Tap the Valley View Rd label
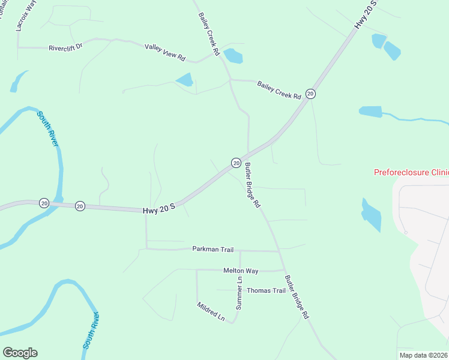click(x=165, y=52)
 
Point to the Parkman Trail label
click(x=212, y=249)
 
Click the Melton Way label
click(x=240, y=271)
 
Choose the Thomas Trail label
click(x=266, y=290)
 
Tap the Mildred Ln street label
click(x=210, y=311)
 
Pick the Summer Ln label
click(x=239, y=293)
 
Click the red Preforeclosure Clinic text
click(x=411, y=172)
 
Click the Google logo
click(x=20, y=353)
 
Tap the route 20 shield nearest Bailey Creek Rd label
click(x=310, y=93)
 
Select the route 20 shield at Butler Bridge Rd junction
click(x=237, y=163)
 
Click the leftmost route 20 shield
click(x=44, y=203)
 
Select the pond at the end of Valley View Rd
click(x=233, y=56)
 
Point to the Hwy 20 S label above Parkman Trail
click(x=158, y=211)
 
